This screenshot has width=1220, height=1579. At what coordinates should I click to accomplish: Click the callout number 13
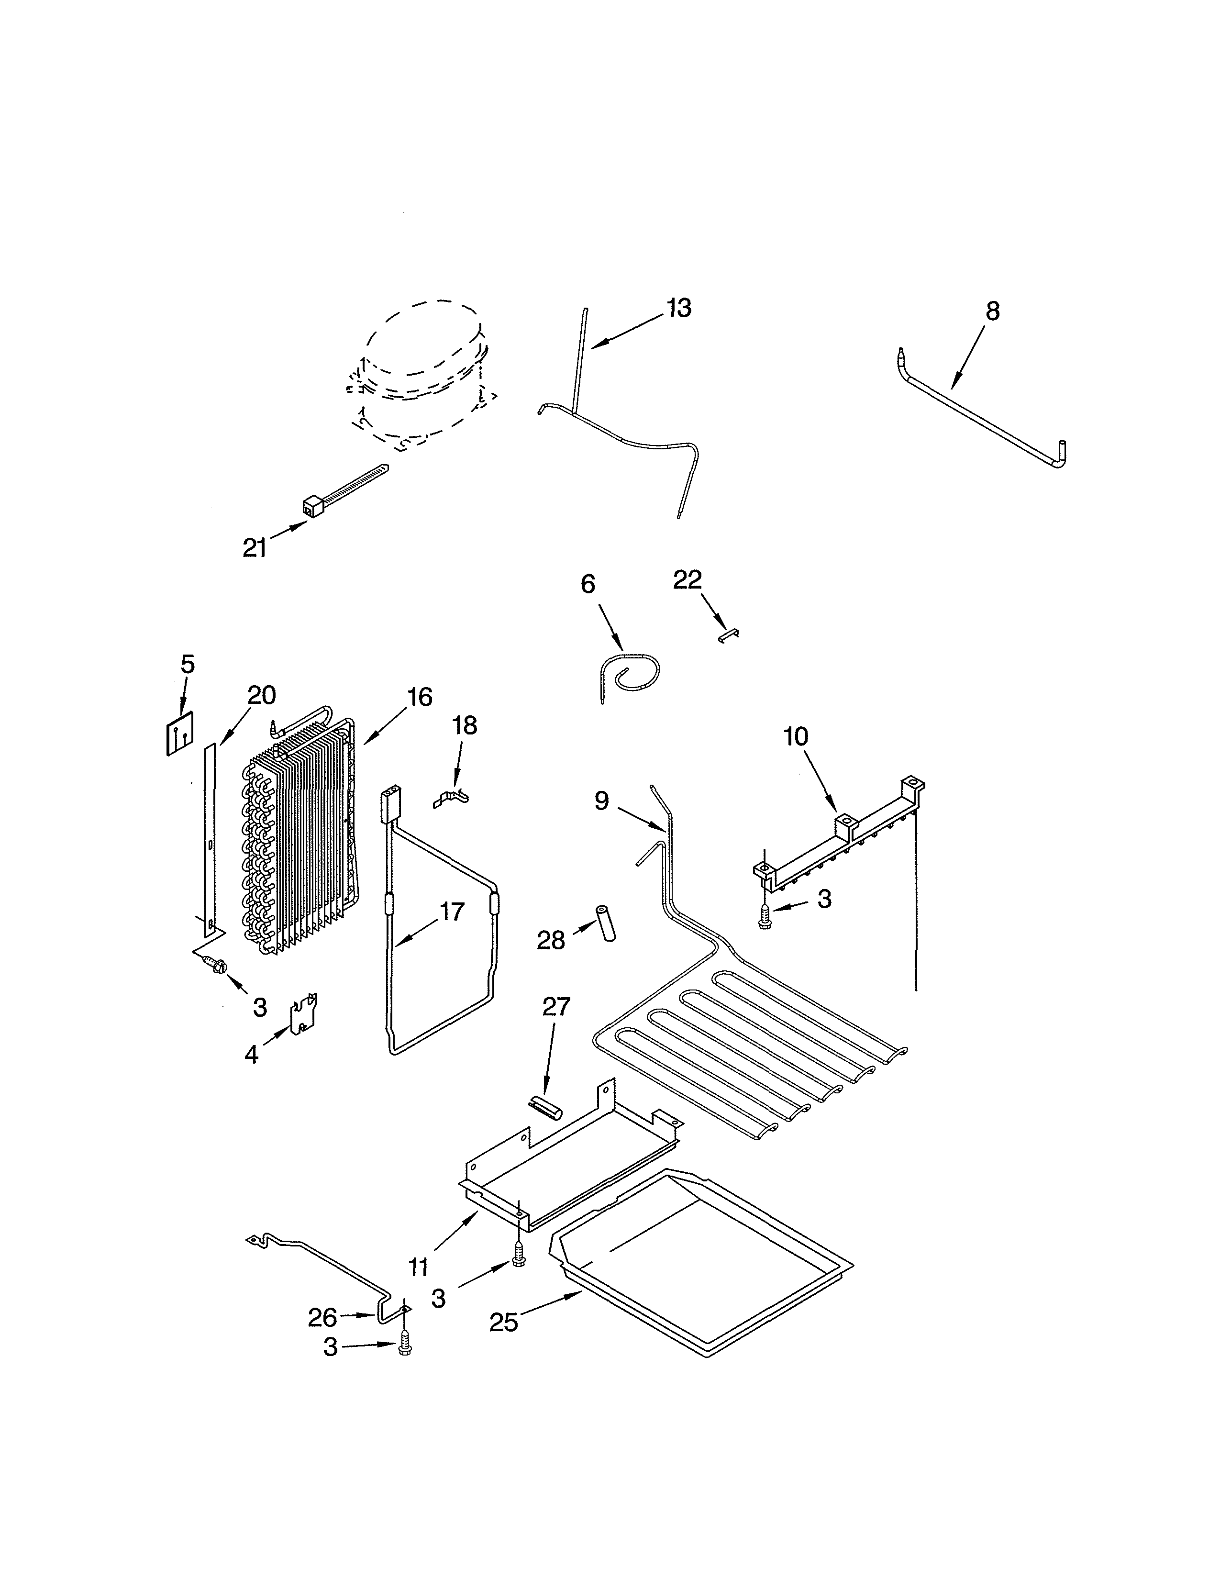[679, 308]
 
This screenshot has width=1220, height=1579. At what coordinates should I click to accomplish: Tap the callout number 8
[992, 311]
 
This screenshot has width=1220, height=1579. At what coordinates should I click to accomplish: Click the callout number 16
[419, 698]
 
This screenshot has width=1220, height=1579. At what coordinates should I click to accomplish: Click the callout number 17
[452, 912]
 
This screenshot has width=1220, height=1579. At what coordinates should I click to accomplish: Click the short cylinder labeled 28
[604, 923]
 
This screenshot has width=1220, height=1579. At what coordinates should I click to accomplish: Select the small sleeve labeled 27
[543, 1107]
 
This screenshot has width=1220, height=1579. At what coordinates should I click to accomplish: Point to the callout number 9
[602, 801]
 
